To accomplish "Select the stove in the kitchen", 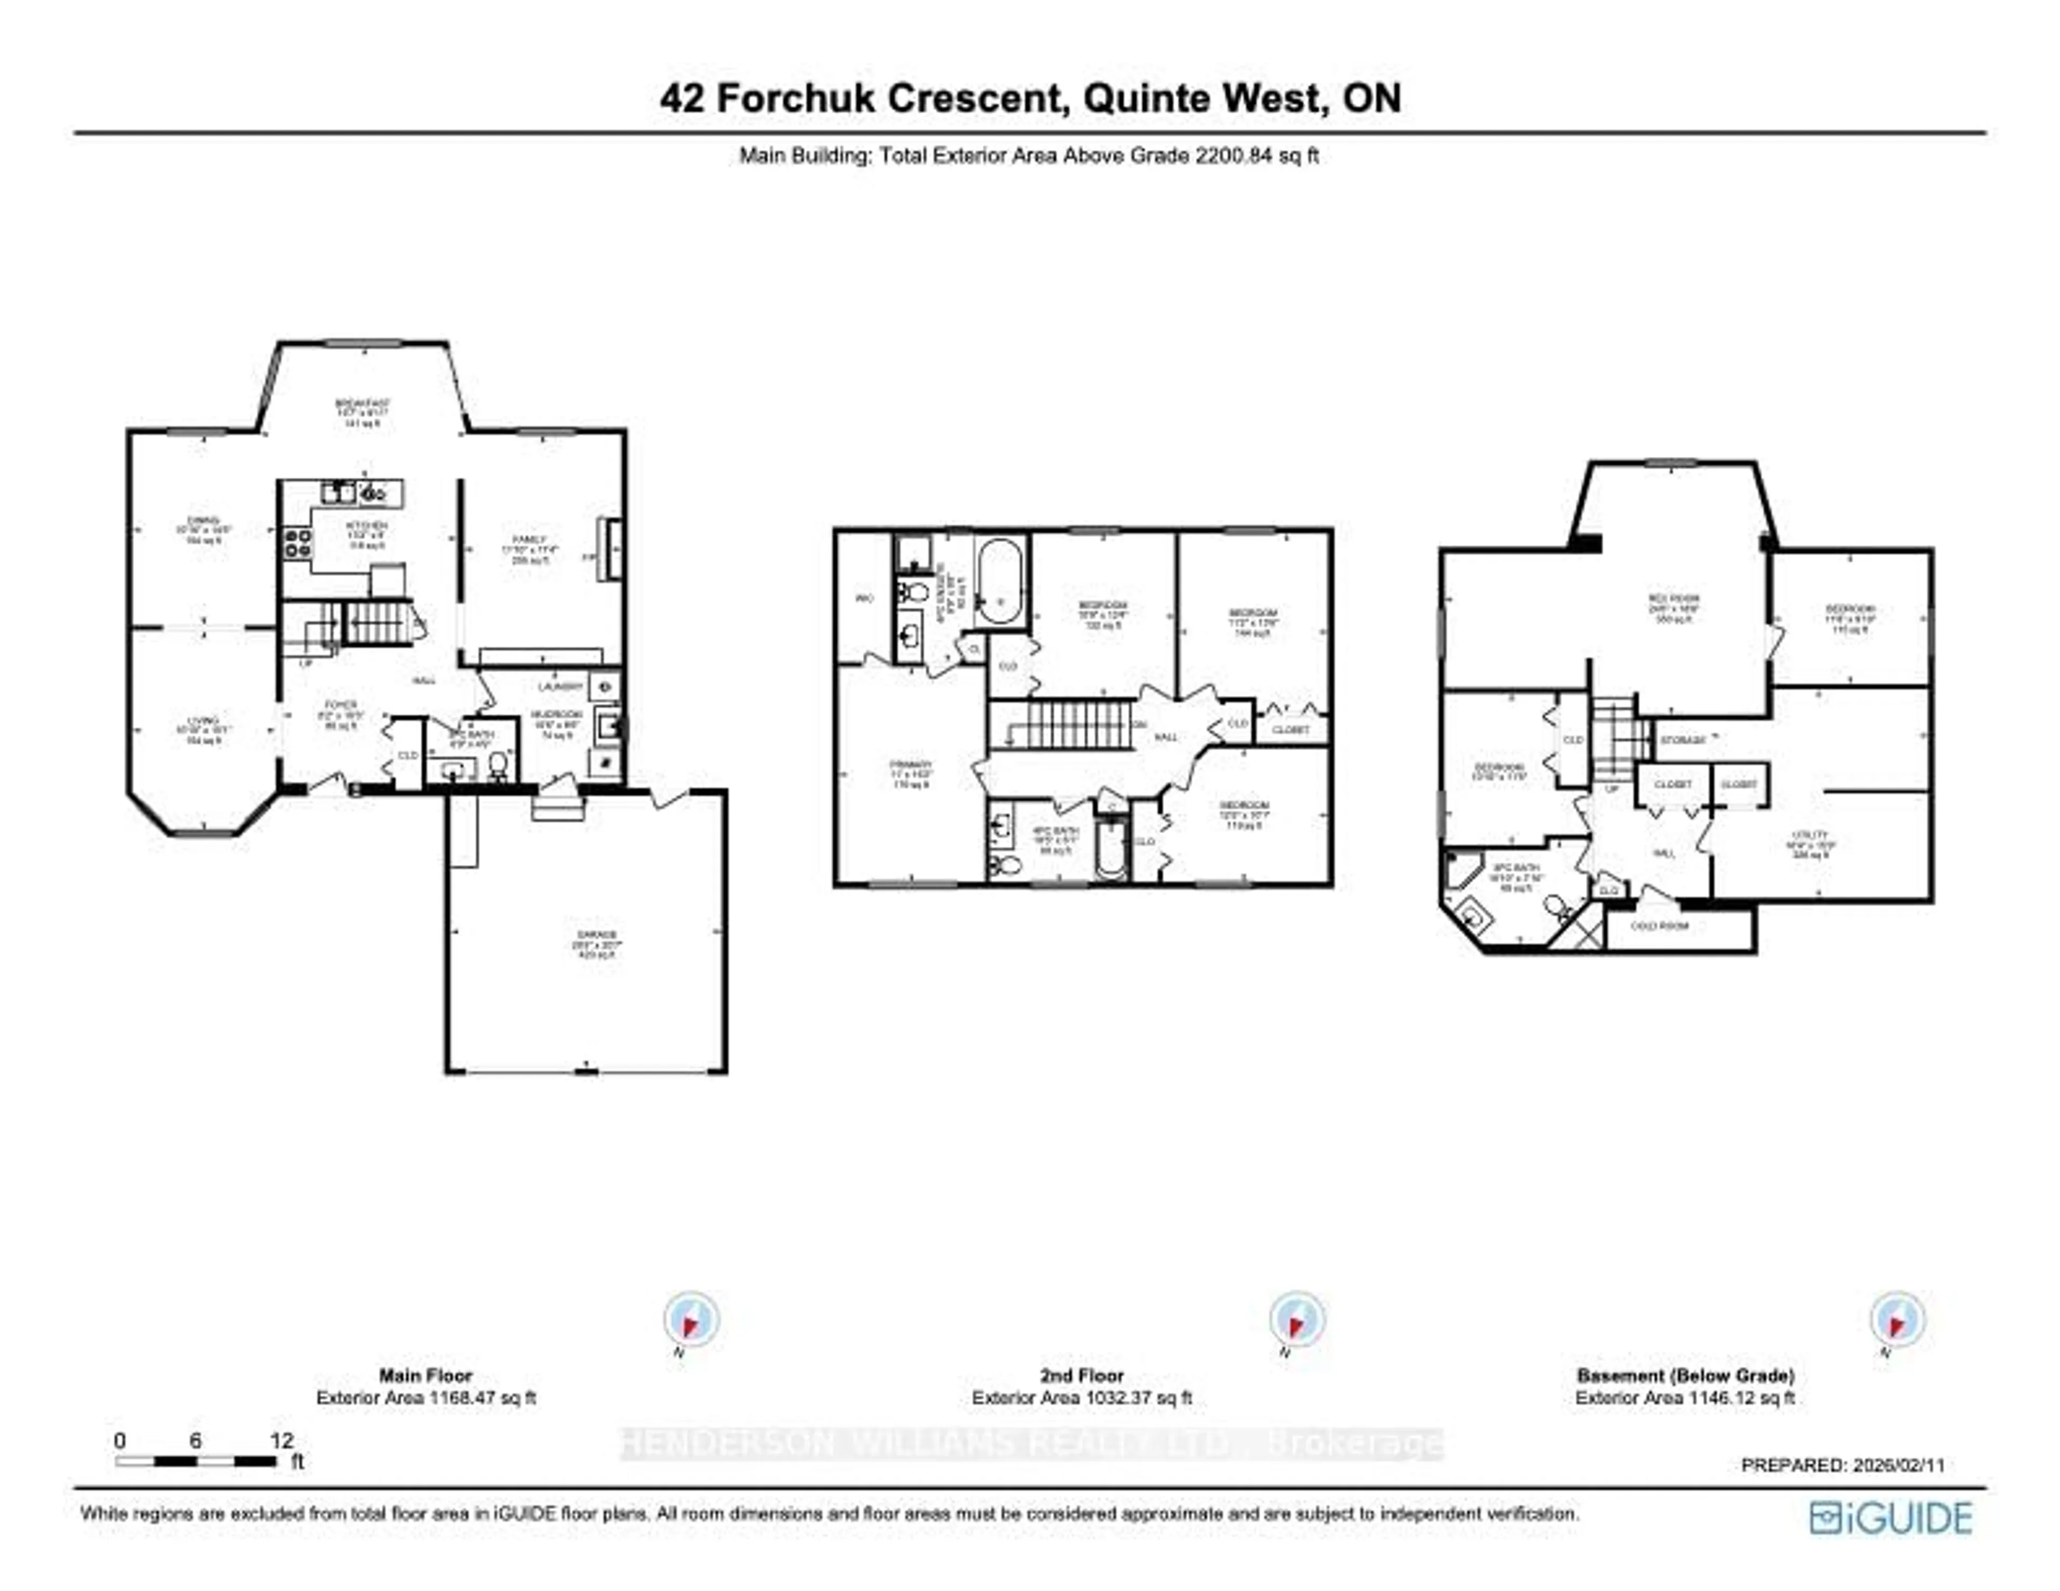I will pyautogui.click(x=299, y=543).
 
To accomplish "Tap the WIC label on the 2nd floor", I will pyautogui.click(x=864, y=598).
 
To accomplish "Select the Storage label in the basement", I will pyautogui.click(x=1683, y=741).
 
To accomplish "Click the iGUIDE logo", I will pyautogui.click(x=1891, y=1518).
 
